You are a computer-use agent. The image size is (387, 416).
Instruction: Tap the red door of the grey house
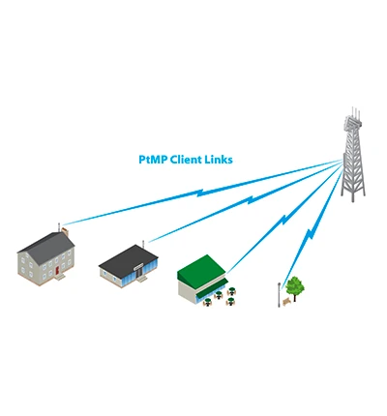pos(58,269)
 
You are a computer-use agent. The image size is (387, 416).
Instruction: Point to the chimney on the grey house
pos(62,232)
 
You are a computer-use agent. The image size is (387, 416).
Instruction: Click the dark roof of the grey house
pos(45,242)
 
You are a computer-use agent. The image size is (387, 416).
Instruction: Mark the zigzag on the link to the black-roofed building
pos(250,201)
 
